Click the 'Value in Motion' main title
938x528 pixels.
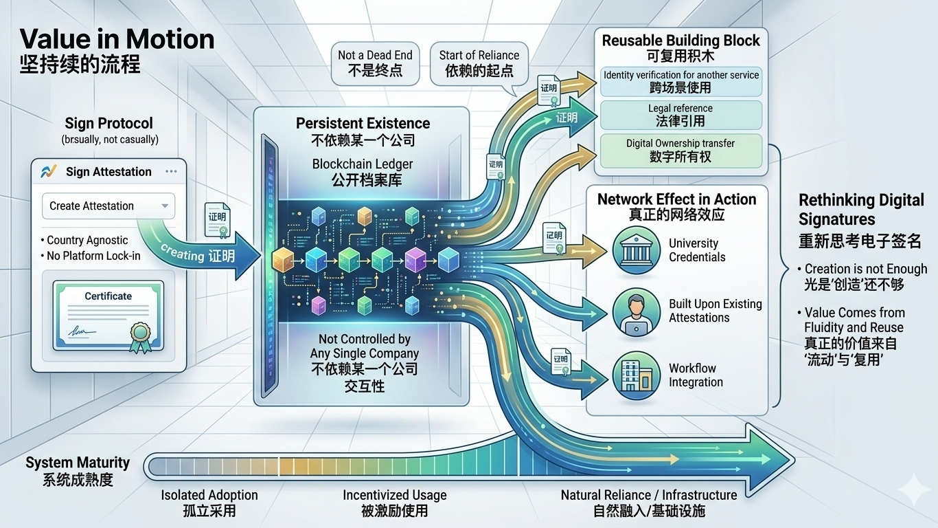point(117,38)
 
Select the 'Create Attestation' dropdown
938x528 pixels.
point(108,206)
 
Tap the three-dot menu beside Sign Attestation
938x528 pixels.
point(171,172)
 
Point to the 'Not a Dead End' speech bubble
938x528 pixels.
point(375,63)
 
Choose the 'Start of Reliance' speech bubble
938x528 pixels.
point(479,63)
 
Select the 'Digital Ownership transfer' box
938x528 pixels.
point(680,151)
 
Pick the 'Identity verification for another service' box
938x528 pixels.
point(680,81)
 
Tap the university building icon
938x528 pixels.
point(630,250)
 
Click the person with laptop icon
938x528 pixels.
point(630,310)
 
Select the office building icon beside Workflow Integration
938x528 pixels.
point(630,375)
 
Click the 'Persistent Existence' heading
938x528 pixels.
point(363,124)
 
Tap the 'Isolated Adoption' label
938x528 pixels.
point(209,495)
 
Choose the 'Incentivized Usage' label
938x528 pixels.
point(395,495)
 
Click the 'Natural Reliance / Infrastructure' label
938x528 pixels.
point(649,495)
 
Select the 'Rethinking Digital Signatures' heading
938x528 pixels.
point(861,210)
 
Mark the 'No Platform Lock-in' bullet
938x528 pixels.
point(94,256)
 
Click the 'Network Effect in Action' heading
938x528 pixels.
point(676,199)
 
